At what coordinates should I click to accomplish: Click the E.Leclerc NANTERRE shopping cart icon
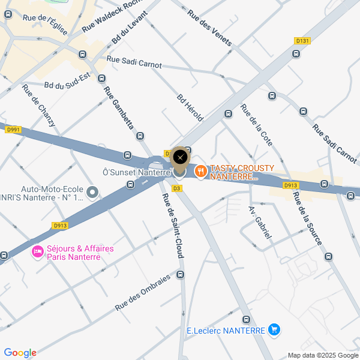(274, 329)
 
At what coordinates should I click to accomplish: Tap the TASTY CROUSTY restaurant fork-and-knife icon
(200, 171)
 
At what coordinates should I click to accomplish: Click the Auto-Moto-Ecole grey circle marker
(92, 192)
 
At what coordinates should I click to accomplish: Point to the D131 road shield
(302, 41)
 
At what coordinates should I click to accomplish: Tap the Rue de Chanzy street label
(38, 105)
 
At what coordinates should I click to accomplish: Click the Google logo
(20, 353)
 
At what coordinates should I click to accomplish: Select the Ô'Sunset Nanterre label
(136, 173)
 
